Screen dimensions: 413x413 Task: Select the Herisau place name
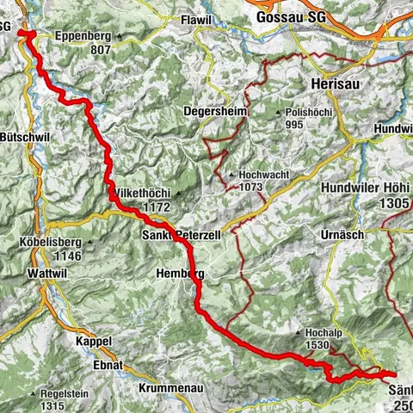coord(331,85)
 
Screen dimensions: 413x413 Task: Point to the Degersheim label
coord(213,111)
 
